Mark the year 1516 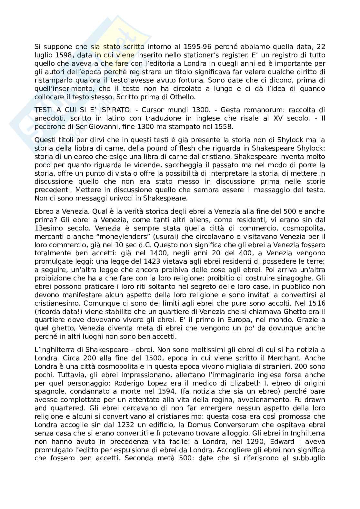pyautogui.click(x=312, y=303)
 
